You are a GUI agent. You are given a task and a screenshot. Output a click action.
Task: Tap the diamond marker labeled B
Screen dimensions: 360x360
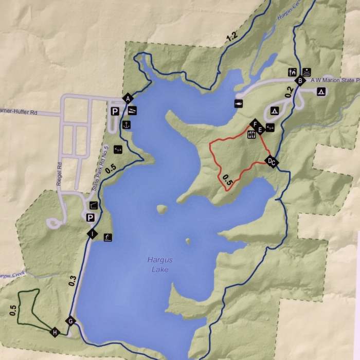(x=299, y=80)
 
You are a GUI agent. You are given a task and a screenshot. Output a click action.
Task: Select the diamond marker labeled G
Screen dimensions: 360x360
(x=70, y=321)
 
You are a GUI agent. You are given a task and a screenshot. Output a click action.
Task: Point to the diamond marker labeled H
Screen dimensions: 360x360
(x=55, y=332)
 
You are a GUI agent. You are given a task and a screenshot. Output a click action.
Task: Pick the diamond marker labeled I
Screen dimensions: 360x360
(x=92, y=235)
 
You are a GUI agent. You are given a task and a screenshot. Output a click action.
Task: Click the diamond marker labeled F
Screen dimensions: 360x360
(x=254, y=123)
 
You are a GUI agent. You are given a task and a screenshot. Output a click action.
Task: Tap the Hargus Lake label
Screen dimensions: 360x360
(x=156, y=265)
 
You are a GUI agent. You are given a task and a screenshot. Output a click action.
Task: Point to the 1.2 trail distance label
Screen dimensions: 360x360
(x=231, y=37)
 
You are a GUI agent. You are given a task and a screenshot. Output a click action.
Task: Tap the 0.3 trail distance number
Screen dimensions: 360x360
(x=71, y=281)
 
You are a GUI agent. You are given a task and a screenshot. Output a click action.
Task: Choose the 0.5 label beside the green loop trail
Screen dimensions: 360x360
(x=13, y=311)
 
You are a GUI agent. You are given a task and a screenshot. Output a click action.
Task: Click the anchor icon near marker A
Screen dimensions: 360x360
(x=126, y=124)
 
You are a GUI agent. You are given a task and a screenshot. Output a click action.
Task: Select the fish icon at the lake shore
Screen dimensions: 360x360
(x=239, y=103)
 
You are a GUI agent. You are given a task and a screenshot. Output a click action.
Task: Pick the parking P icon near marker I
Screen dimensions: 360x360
(x=91, y=218)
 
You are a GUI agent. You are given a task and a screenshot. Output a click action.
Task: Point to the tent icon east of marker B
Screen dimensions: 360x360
(x=321, y=92)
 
